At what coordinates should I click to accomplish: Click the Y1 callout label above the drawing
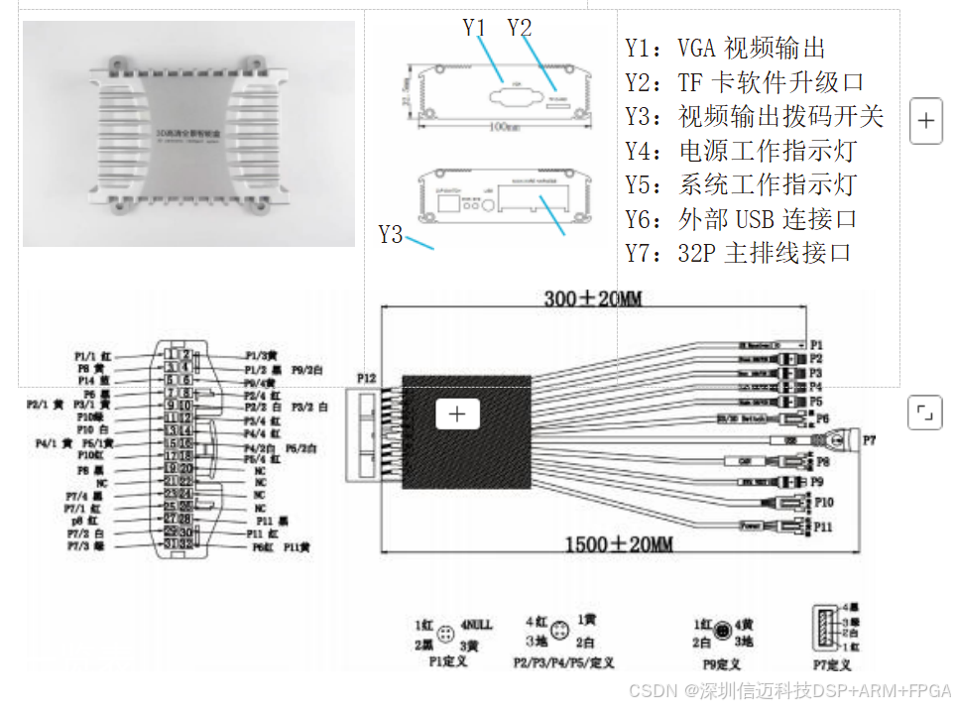click(x=475, y=28)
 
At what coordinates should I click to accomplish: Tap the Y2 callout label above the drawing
click(x=520, y=28)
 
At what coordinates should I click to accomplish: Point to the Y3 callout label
click(x=391, y=235)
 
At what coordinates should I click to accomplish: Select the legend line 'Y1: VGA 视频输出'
click(x=725, y=48)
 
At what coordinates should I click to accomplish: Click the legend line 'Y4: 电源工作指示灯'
click(x=740, y=151)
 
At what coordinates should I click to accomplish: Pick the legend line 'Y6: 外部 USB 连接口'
click(x=741, y=219)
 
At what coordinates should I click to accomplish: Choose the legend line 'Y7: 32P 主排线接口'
click(x=738, y=253)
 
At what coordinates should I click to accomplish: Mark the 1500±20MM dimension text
click(x=620, y=543)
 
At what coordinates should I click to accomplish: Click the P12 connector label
click(x=367, y=378)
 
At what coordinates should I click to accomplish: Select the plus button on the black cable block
click(x=457, y=413)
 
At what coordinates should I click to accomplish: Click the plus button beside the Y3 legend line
click(x=925, y=121)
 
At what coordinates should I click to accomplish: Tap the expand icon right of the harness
click(x=925, y=412)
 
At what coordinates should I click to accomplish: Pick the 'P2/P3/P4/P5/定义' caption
click(x=563, y=661)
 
